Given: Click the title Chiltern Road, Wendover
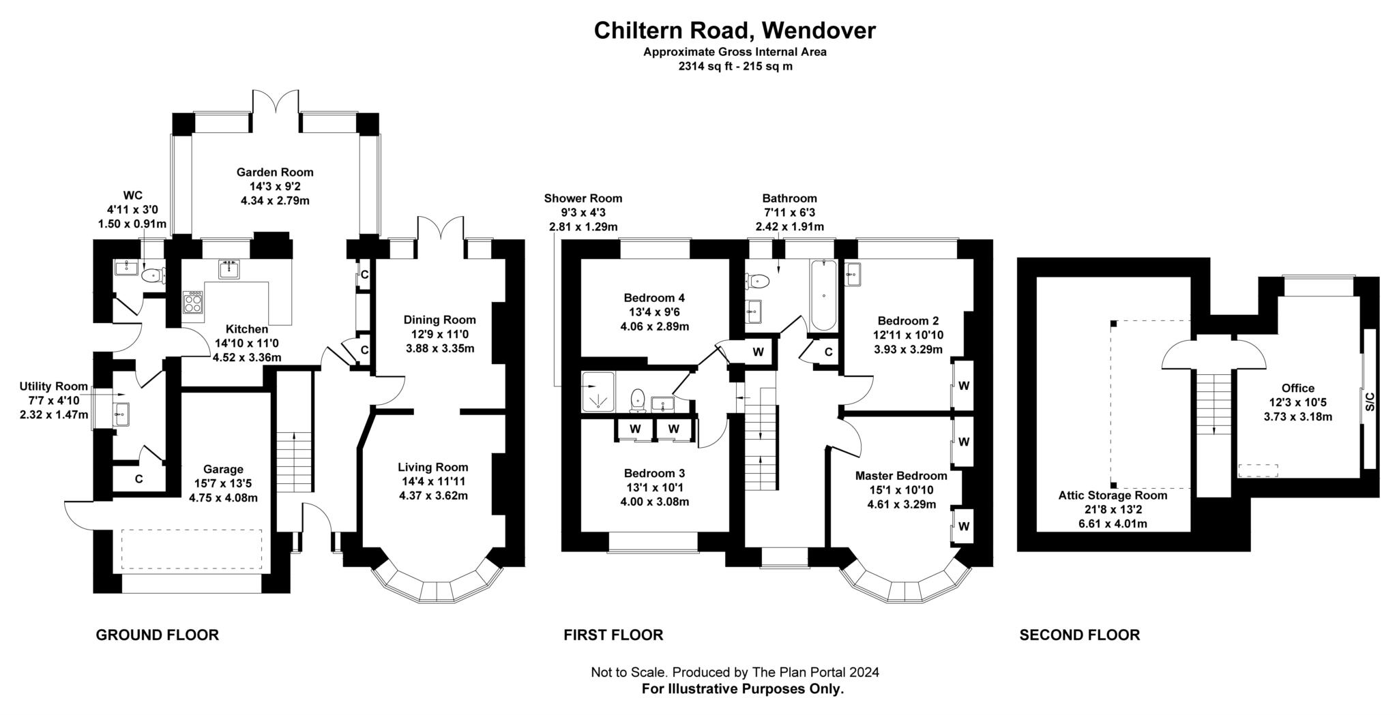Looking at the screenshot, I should click(x=735, y=31).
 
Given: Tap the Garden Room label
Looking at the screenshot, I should click(x=275, y=172).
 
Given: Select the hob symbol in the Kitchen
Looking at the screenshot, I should click(x=193, y=302).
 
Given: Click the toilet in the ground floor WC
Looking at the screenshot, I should click(x=151, y=275).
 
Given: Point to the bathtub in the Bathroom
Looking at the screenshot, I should click(x=824, y=296).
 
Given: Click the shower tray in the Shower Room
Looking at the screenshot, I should click(x=598, y=392).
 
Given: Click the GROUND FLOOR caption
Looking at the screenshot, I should click(x=157, y=635).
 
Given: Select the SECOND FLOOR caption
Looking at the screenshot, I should click(x=1079, y=635).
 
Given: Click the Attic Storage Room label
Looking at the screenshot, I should click(x=1113, y=496).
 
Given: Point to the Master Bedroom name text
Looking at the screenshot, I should click(x=901, y=476).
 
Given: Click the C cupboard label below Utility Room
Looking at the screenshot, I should click(x=138, y=479).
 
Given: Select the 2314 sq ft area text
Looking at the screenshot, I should click(x=735, y=67).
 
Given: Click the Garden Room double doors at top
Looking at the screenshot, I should click(x=276, y=106).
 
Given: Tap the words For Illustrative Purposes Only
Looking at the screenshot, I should click(x=742, y=689).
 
